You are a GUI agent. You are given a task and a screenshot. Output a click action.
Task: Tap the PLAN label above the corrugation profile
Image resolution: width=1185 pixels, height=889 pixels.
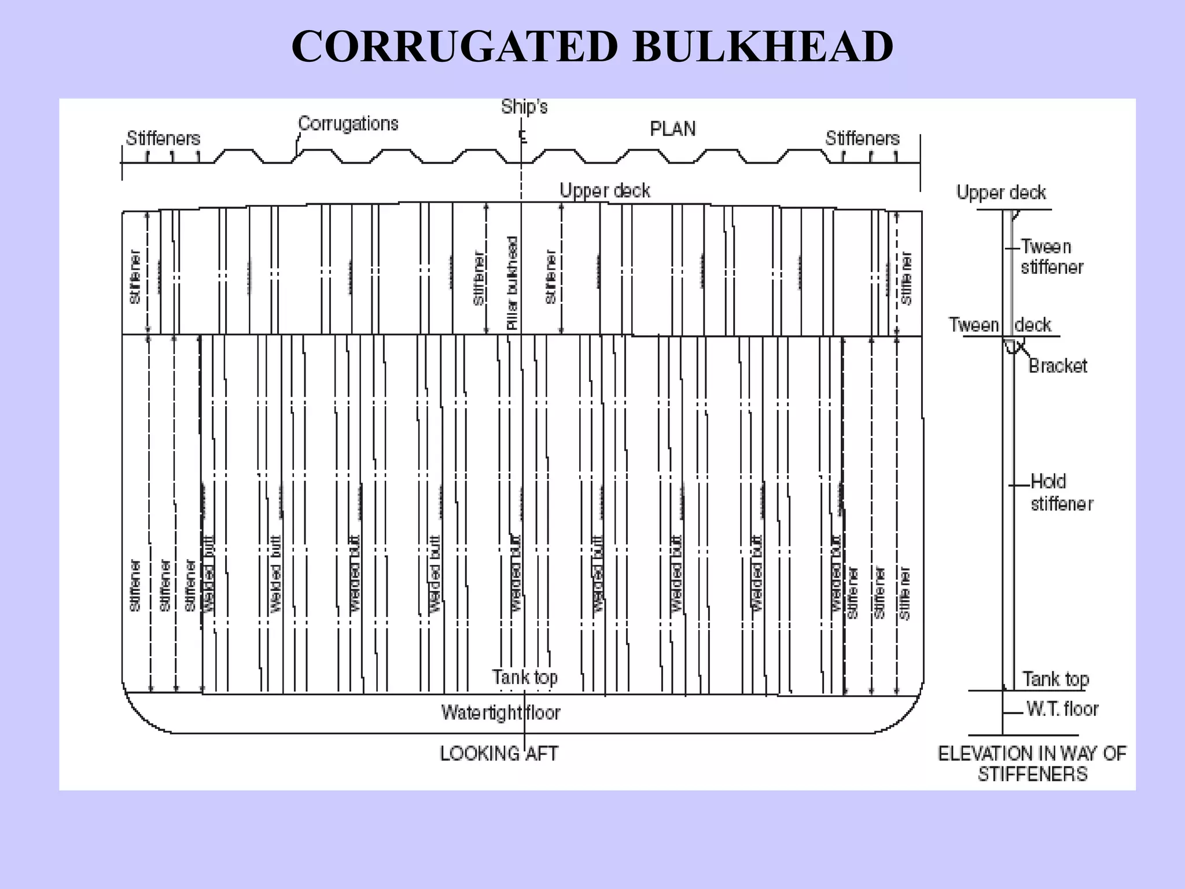click(672, 129)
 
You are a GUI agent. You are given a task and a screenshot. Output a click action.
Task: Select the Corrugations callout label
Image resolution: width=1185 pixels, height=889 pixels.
click(348, 124)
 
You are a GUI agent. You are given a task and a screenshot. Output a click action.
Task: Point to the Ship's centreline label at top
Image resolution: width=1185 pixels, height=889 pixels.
click(524, 107)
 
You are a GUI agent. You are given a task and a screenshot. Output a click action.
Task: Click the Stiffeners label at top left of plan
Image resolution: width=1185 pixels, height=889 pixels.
click(163, 139)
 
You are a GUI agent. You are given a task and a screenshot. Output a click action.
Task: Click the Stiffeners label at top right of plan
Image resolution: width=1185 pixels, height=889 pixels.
click(862, 139)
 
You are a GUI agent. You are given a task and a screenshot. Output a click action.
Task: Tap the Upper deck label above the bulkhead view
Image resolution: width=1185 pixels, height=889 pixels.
click(605, 191)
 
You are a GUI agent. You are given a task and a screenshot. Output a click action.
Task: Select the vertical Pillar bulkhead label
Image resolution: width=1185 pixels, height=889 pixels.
click(512, 283)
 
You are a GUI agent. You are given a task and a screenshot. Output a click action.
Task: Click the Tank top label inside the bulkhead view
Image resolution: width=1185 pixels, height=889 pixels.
click(525, 677)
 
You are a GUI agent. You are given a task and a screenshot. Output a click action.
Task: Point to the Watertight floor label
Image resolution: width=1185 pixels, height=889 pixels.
click(501, 712)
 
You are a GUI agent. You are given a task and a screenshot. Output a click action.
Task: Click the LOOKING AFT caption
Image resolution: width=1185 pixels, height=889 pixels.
click(499, 754)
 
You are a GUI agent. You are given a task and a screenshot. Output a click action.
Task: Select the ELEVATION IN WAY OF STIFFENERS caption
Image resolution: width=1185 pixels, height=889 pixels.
click(1032, 763)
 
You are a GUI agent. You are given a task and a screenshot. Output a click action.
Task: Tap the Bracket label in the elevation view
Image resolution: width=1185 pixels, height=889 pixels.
click(1058, 366)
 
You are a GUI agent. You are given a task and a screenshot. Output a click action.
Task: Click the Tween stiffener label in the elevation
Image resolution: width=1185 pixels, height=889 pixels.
click(1051, 257)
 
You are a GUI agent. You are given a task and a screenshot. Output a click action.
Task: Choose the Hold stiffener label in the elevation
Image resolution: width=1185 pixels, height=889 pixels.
click(1061, 493)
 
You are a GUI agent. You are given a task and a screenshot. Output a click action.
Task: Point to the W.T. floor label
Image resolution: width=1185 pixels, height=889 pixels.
click(1062, 709)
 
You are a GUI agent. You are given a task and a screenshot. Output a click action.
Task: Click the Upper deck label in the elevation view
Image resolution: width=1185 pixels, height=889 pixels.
click(1001, 193)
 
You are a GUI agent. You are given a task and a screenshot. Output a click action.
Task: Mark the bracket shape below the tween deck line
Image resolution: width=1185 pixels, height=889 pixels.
click(1011, 346)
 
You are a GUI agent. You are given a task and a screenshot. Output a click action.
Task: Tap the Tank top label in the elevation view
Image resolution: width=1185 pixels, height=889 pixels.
click(1055, 679)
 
